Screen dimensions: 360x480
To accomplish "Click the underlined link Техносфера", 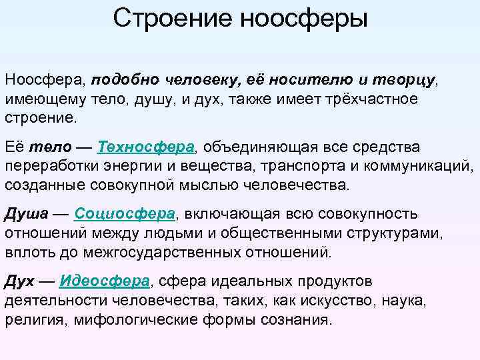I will (x=145, y=147).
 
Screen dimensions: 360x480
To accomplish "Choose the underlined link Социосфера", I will (x=125, y=214).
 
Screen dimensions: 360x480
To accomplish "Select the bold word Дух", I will (x=21, y=281).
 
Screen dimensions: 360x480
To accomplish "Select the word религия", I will (x=28, y=319).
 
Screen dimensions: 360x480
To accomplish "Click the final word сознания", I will (x=298, y=319).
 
